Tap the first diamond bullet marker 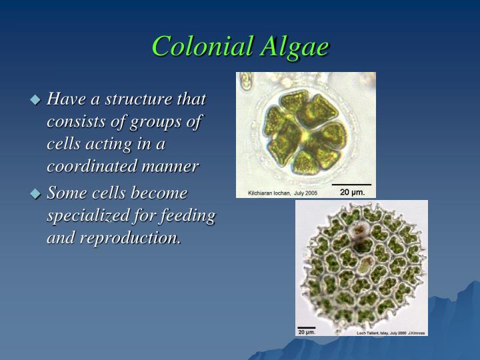[x=36, y=100]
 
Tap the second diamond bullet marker [x=36, y=194]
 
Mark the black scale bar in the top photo [x=351, y=184]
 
